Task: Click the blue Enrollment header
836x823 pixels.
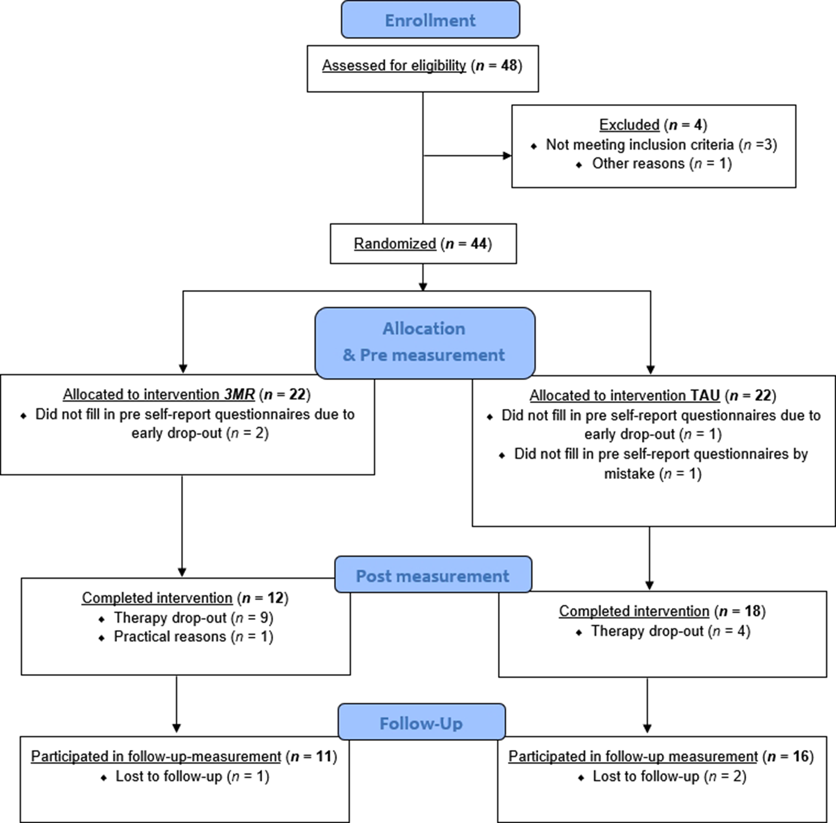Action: pyautogui.click(x=430, y=20)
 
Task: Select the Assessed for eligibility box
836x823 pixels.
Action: pyautogui.click(x=422, y=68)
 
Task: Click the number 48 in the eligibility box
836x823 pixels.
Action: pyautogui.click(x=509, y=65)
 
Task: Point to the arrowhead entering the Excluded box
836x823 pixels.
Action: pyautogui.click(x=507, y=156)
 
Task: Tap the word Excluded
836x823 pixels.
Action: pyautogui.click(x=629, y=125)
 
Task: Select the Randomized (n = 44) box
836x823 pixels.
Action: pyautogui.click(x=423, y=244)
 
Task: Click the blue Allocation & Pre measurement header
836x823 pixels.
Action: pyautogui.click(x=424, y=342)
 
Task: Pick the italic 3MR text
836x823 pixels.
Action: pyautogui.click(x=239, y=395)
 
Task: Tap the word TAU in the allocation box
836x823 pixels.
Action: pyautogui.click(x=705, y=395)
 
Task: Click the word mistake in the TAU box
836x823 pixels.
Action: pyautogui.click(x=629, y=474)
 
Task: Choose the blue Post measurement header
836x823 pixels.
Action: pyautogui.click(x=432, y=576)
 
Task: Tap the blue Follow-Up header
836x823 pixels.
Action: pyautogui.click(x=421, y=723)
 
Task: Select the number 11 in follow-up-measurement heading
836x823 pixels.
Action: pyautogui.click(x=324, y=757)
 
